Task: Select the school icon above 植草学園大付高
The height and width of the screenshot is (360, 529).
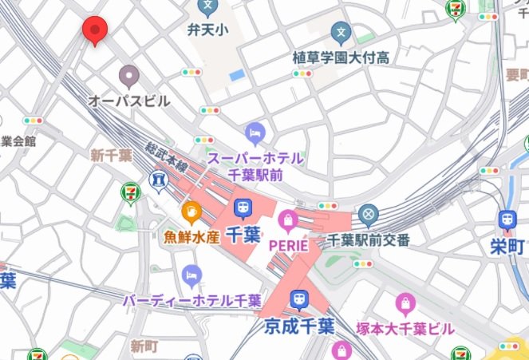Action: point(341,33)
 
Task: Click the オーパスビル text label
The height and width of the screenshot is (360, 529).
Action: point(129,101)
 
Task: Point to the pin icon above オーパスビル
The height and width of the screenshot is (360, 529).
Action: point(129,77)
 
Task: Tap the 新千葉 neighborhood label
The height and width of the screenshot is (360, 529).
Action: point(111,155)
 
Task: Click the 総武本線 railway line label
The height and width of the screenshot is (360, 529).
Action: point(166,159)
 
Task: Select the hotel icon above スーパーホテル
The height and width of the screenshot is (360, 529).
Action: point(255,130)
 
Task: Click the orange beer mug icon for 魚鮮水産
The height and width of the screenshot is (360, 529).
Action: point(191,212)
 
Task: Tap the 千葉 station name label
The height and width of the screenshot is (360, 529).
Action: point(243,235)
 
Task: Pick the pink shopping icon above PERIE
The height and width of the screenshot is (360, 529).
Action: point(287,220)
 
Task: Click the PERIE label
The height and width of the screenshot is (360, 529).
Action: point(287,245)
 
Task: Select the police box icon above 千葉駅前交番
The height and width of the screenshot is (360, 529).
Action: point(367,214)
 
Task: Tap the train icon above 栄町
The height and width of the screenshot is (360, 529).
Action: point(506,220)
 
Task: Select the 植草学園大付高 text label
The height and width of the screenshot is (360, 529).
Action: point(341,57)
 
